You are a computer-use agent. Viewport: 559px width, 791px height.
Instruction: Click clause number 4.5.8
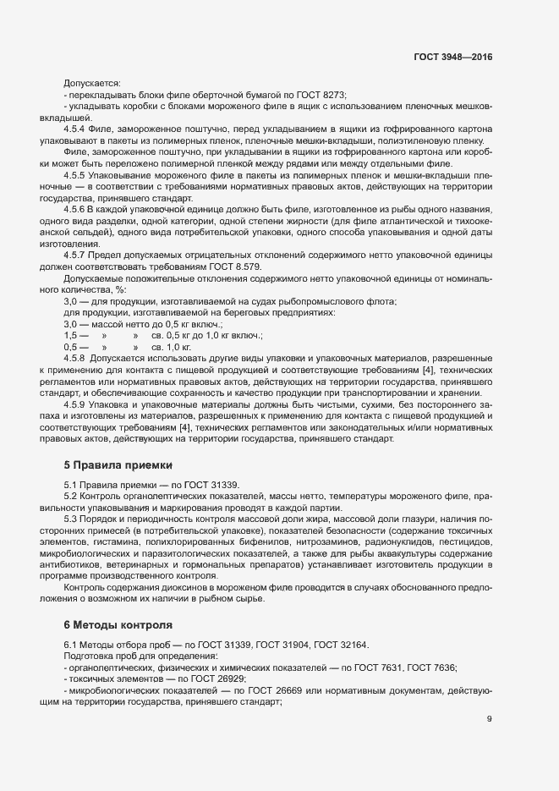coord(76,359)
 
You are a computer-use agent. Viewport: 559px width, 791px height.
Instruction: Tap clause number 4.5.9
coord(76,406)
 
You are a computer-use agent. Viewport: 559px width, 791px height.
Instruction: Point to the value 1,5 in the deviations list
coord(71,335)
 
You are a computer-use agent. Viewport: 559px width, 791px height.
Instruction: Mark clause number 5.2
coord(71,494)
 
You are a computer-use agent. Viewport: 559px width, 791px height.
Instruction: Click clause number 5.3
coord(71,517)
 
